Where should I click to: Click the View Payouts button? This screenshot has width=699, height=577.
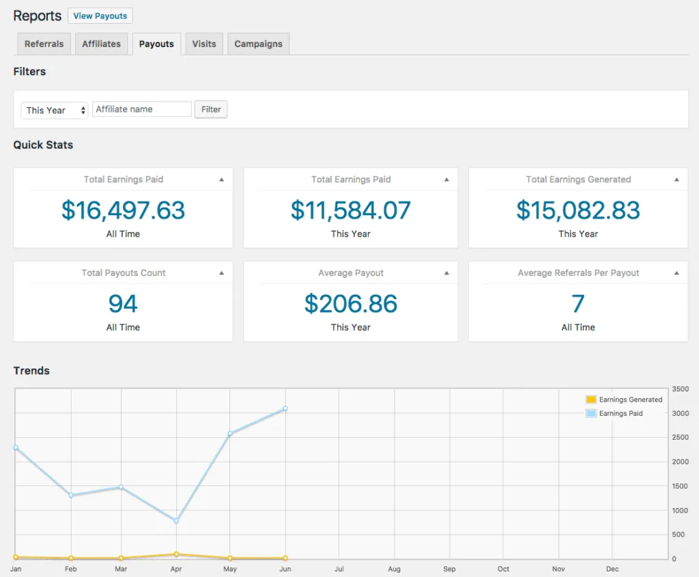coord(100,16)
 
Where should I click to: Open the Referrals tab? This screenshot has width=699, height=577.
coord(44,44)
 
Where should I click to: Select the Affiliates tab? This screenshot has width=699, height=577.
coord(101,44)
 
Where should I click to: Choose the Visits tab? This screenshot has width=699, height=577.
coord(204,44)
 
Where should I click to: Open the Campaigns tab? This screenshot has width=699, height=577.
coord(258,44)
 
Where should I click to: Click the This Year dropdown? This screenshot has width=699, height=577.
coord(55,110)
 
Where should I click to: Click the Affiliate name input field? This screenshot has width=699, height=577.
coord(142,109)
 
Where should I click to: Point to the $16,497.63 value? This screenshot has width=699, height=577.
coord(123,210)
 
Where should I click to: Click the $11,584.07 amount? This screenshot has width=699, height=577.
coord(350,210)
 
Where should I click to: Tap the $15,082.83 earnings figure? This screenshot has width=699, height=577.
coord(577,210)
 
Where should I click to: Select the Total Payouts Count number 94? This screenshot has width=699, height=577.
coord(123,304)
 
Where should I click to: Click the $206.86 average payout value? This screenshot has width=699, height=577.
coord(350,304)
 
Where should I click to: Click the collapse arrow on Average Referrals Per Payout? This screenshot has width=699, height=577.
coord(676,273)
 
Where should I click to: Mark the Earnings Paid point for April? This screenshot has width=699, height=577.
coord(176,521)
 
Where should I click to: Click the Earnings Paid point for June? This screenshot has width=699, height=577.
coord(285,409)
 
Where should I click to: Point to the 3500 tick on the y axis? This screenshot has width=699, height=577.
coord(680,389)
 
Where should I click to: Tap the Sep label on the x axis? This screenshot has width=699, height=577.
coord(448,569)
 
